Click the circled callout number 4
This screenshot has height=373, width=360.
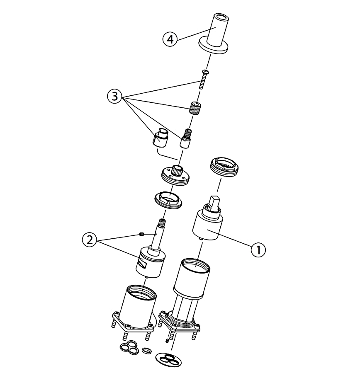[x=170, y=39]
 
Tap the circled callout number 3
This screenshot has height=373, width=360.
[x=115, y=97]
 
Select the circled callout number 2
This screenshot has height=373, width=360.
[x=90, y=240]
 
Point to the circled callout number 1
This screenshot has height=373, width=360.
[x=258, y=250]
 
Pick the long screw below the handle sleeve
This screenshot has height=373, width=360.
[x=203, y=79]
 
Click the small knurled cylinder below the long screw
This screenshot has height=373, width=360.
[x=195, y=108]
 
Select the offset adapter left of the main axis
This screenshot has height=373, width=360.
[x=160, y=138]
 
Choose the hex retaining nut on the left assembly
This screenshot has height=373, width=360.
[x=169, y=200]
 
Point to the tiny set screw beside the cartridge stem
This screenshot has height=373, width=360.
[x=141, y=235]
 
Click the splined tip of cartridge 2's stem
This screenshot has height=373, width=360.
[x=162, y=222]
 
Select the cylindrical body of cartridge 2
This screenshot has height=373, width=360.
[x=151, y=262]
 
